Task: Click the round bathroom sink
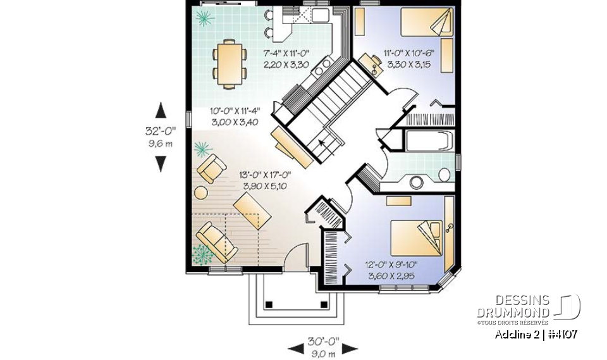(x=417, y=183)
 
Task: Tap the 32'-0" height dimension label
(x=161, y=132)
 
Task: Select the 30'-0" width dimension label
(x=323, y=342)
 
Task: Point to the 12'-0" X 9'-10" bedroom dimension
(x=390, y=271)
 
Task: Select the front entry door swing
(x=292, y=258)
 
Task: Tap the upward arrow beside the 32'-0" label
(x=161, y=110)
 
